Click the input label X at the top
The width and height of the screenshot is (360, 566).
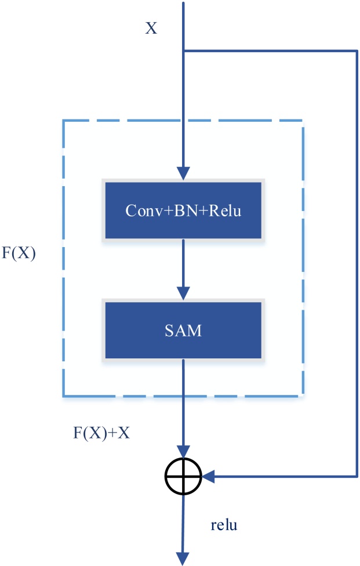pos(151,28)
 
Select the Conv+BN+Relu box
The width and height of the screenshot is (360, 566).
pos(183,210)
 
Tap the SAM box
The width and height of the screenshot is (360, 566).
pos(183,331)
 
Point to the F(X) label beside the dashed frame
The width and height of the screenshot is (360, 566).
pos(19,254)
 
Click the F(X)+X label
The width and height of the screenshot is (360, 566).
pos(101,432)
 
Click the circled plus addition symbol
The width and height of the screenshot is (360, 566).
pos(183,477)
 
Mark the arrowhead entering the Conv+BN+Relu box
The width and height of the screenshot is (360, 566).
pos(183,173)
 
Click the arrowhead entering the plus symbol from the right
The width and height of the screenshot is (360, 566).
pos(208,477)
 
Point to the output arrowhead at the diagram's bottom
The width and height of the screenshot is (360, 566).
pos(183,558)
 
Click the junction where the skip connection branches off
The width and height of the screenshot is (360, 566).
pos(183,51)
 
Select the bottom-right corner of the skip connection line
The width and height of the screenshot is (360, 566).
pos(355,477)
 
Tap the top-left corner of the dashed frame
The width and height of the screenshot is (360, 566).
pos(63,121)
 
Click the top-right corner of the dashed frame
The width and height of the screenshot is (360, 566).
pos(303,121)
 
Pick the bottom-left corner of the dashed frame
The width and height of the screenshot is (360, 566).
pos(63,396)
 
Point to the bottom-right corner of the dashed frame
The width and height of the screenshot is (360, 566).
pos(303,396)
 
